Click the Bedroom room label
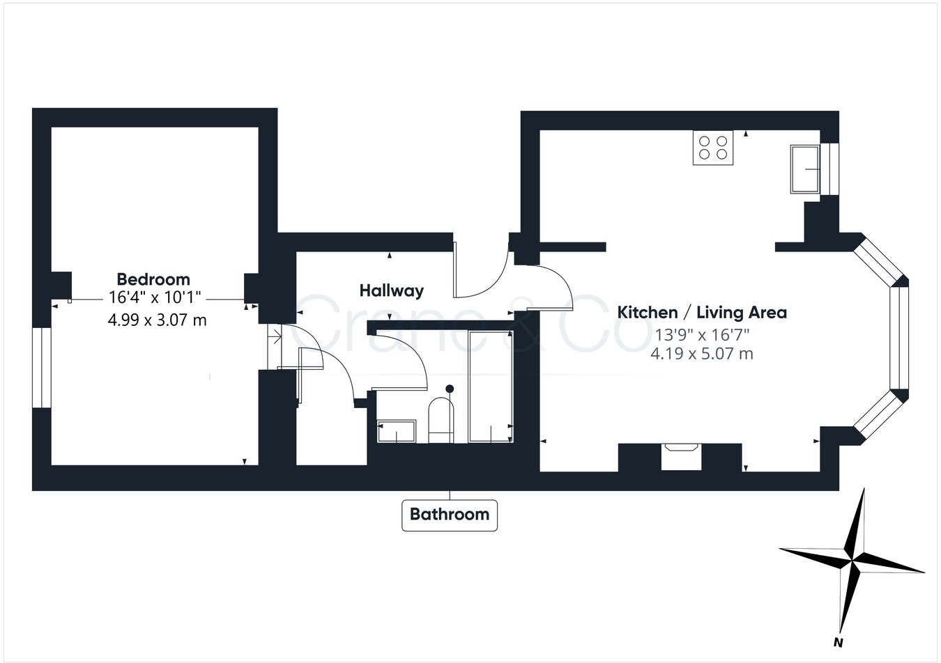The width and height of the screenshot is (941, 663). click(x=153, y=279)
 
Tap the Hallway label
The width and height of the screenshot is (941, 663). click(x=391, y=290)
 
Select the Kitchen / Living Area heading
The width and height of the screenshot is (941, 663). click(x=702, y=312)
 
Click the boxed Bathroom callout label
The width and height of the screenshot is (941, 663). click(x=450, y=515)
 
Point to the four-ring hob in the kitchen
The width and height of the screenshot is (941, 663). click(x=713, y=148)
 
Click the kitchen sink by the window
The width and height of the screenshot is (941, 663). click(x=805, y=169)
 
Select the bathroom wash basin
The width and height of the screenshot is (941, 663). click(x=396, y=432)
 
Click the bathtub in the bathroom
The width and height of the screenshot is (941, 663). click(x=491, y=386)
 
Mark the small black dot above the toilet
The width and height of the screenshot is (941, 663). click(x=450, y=389)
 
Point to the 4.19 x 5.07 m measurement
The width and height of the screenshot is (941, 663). click(x=701, y=354)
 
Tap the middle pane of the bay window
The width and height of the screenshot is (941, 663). click(x=896, y=338)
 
